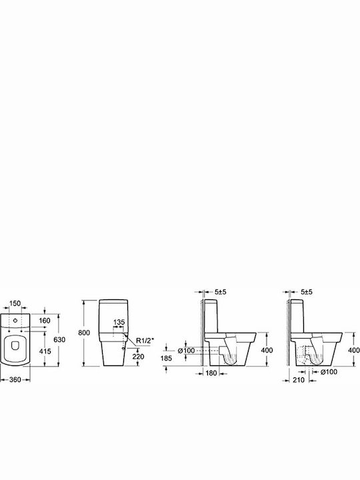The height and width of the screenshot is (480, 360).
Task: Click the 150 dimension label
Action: (x=15, y=303)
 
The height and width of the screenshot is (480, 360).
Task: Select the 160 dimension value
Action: (x=45, y=321)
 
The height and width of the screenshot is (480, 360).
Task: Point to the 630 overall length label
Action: (x=59, y=339)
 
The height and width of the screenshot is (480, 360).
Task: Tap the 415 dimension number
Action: (x=45, y=351)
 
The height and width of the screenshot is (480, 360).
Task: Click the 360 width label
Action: (x=15, y=379)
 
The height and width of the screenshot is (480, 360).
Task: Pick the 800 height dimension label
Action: (x=84, y=333)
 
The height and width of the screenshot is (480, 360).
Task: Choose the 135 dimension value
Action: (x=119, y=323)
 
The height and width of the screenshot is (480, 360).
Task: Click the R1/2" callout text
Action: (x=145, y=341)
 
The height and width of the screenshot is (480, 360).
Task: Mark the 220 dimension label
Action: (x=139, y=357)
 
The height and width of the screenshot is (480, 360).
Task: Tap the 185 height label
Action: (x=166, y=358)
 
